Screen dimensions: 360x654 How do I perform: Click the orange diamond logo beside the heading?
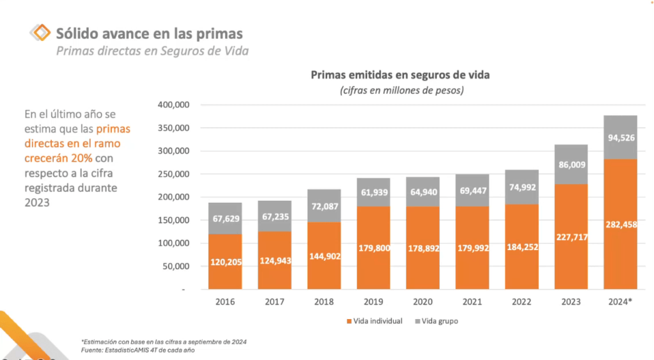(40, 33)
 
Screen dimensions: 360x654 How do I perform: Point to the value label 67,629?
(225, 219)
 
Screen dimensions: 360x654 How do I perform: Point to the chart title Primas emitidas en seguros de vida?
(400, 75)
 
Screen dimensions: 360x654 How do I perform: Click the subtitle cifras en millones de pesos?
(401, 90)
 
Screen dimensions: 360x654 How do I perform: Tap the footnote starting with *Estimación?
(164, 341)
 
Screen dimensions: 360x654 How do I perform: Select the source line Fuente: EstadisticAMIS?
(137, 350)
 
